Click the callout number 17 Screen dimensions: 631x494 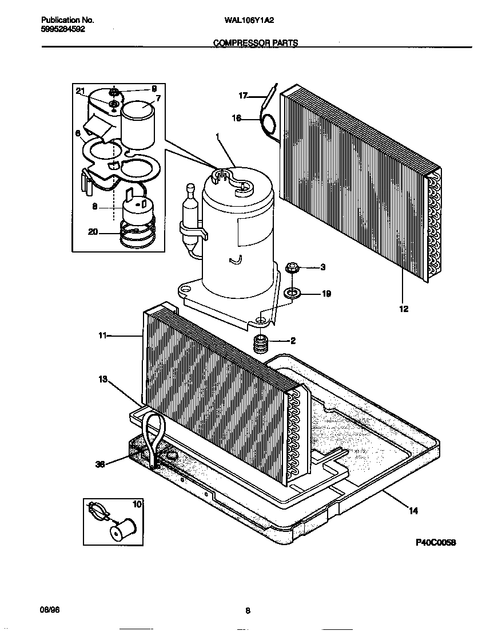pyautogui.click(x=242, y=96)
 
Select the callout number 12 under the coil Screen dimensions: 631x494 pyautogui.click(x=404, y=309)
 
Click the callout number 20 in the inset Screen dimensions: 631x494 pyautogui.click(x=94, y=232)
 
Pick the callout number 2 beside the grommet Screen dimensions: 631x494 pyautogui.click(x=293, y=341)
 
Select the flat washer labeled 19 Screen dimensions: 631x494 pyautogui.click(x=292, y=294)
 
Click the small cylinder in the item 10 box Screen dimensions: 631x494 pyautogui.click(x=123, y=529)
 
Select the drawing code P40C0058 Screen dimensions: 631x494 pyautogui.click(x=436, y=542)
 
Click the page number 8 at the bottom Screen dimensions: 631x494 pyautogui.click(x=248, y=610)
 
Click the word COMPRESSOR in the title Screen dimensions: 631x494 pyautogui.click(x=236, y=43)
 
